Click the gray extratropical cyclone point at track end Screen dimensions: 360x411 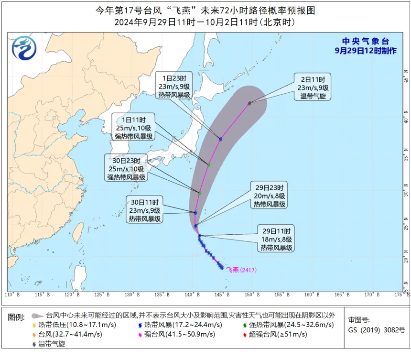(249, 103)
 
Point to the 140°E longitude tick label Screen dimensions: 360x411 (192, 295)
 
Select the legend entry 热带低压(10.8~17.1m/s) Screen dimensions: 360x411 (75, 325)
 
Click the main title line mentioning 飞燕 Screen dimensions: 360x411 (205, 10)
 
